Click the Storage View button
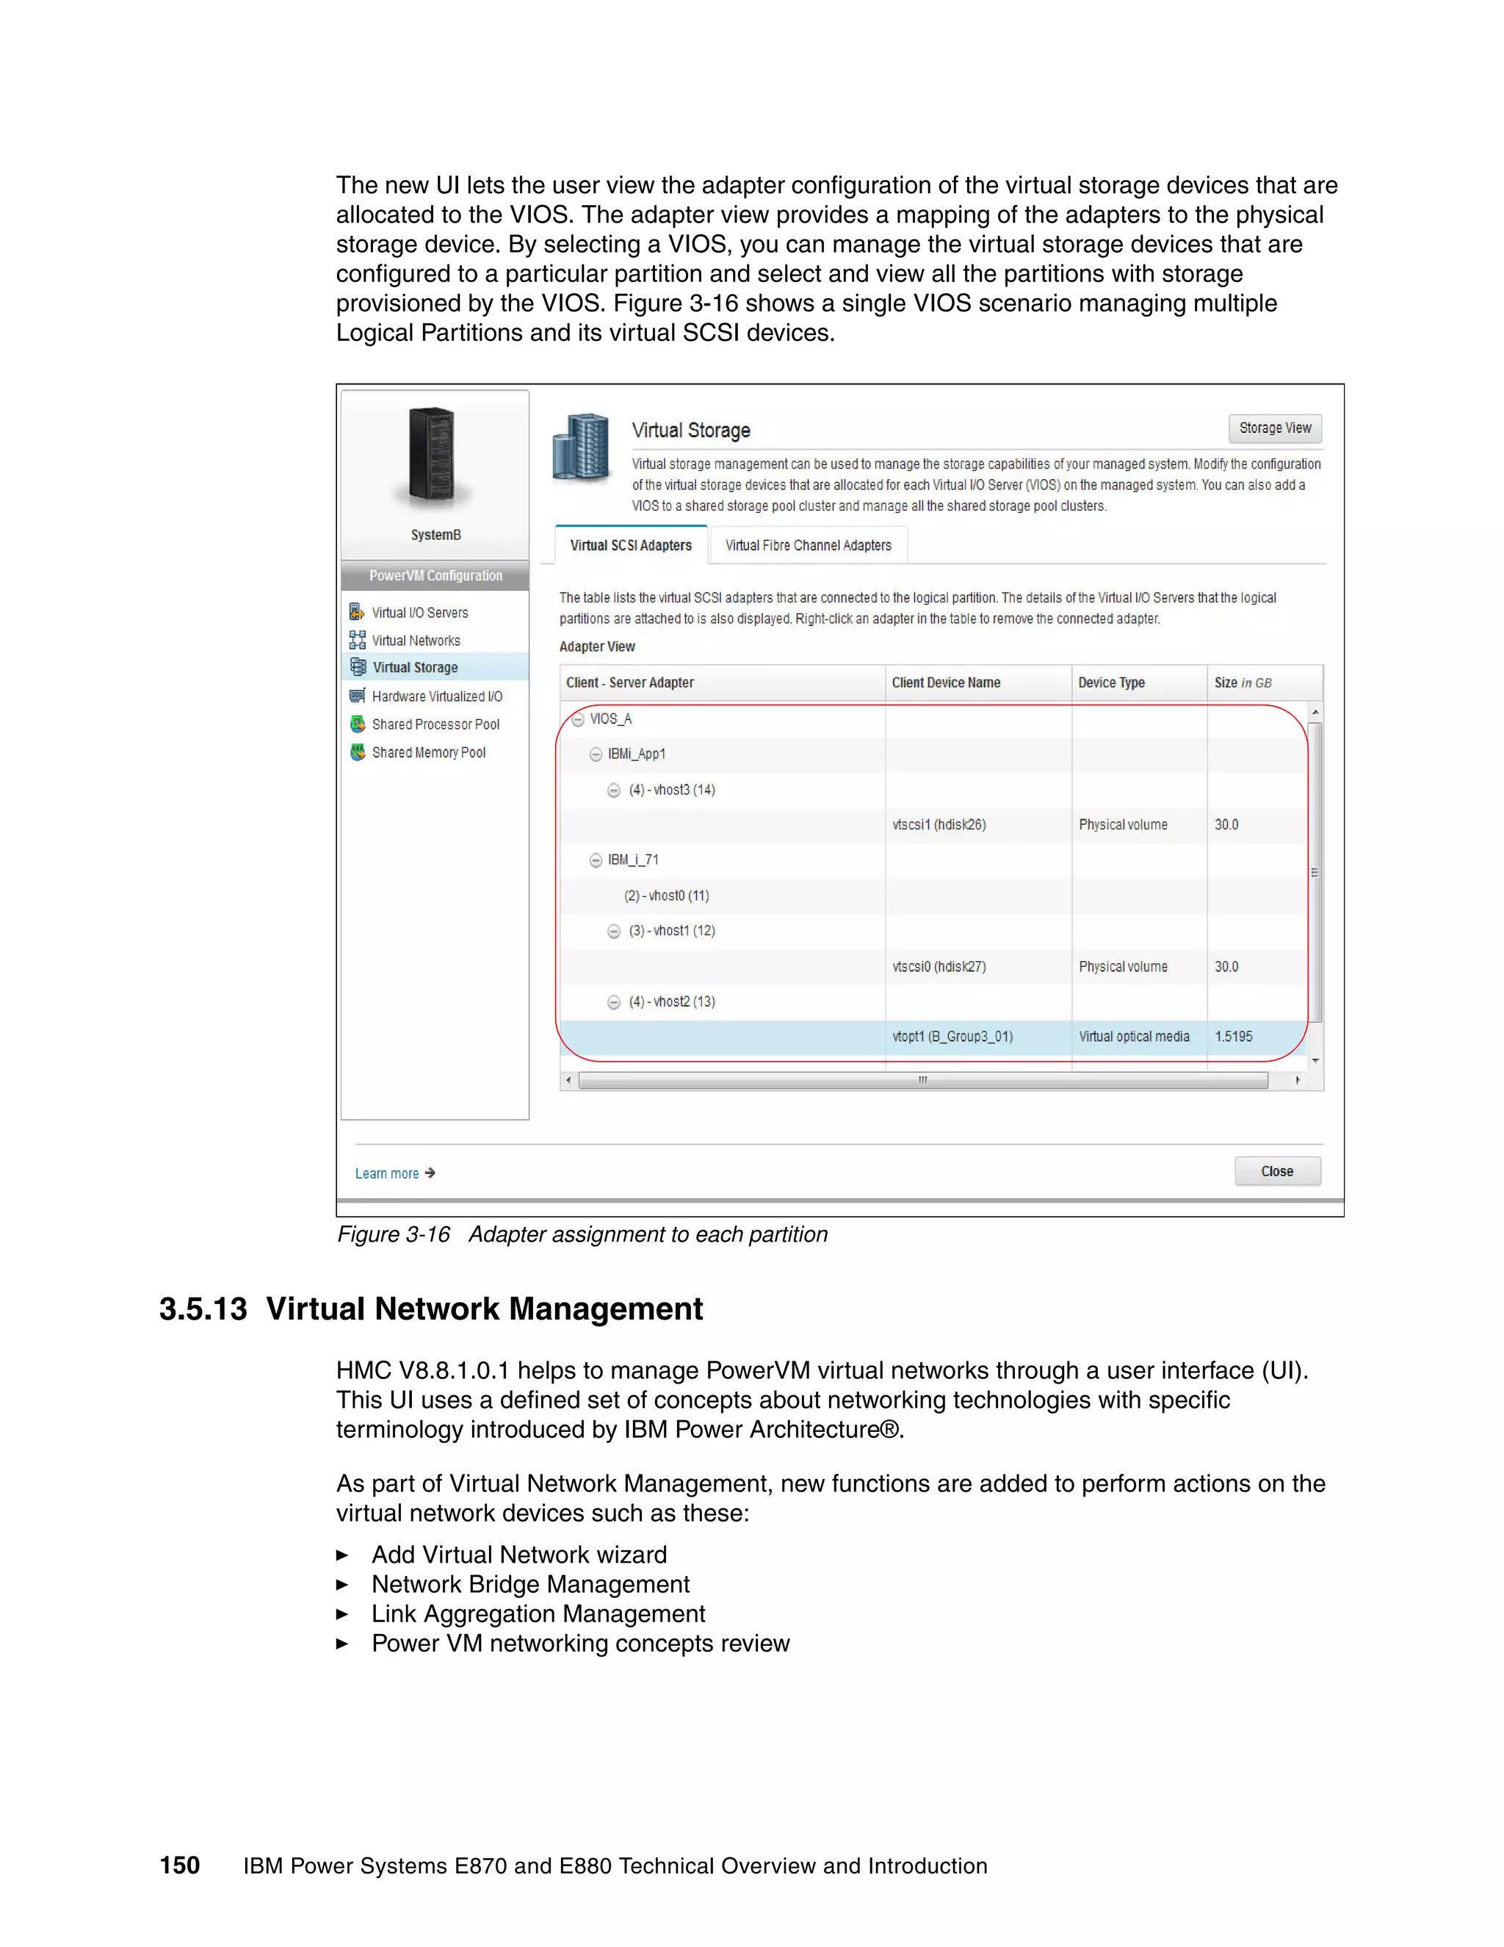(x=1274, y=428)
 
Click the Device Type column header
(x=1111, y=683)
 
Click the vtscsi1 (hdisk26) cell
(x=939, y=824)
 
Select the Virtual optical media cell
(x=1133, y=1037)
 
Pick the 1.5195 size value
(x=1233, y=1037)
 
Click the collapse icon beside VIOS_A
(x=578, y=719)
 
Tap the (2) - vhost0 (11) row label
(x=667, y=895)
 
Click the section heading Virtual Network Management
(x=484, y=1309)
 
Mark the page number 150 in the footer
(x=180, y=1865)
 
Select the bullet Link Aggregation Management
(x=538, y=1613)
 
